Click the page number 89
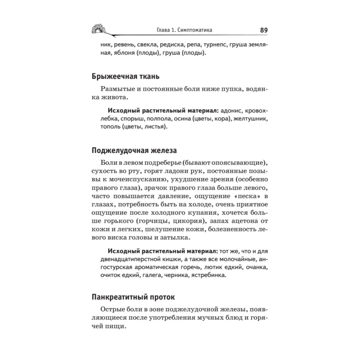263,30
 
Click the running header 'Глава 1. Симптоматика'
181,31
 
